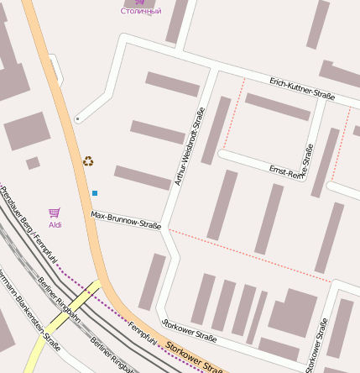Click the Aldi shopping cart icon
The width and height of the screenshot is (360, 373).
(55, 213)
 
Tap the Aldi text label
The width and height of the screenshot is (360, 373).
(55, 225)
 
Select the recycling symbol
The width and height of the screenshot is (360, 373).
(88, 160)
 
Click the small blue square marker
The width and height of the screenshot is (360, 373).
(95, 193)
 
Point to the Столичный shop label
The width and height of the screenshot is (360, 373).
(140, 11)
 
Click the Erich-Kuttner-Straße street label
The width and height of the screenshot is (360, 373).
(302, 89)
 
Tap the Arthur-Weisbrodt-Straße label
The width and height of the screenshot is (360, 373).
(188, 147)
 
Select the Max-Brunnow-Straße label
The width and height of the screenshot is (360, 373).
(126, 220)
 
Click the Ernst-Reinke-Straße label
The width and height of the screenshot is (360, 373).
(290, 171)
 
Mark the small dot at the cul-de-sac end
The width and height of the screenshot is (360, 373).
(77, 119)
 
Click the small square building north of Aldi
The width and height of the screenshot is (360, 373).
(33, 163)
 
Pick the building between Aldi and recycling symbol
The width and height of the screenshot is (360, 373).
(27, 131)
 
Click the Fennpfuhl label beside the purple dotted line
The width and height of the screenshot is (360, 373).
(143, 333)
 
